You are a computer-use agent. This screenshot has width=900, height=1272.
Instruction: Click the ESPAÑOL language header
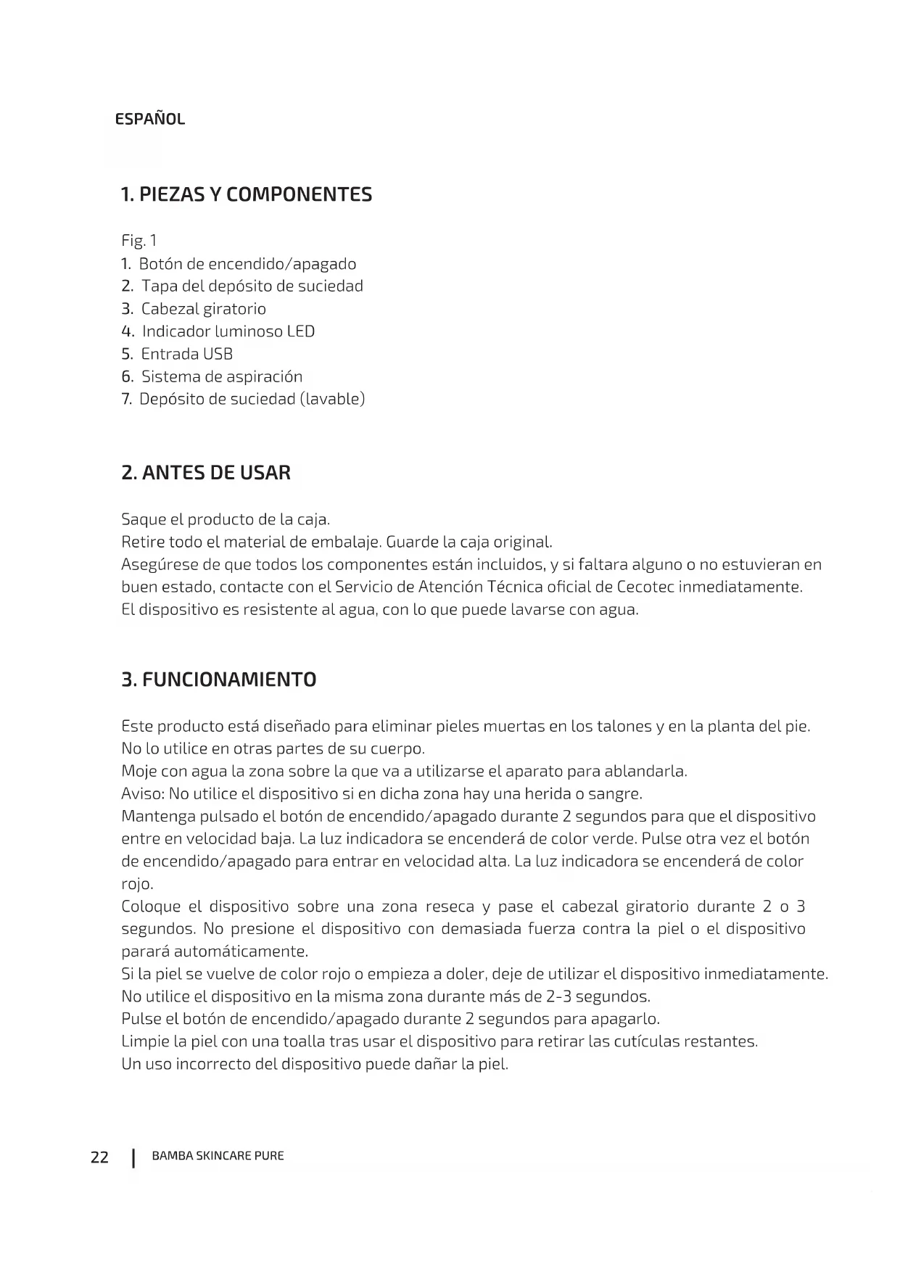150,119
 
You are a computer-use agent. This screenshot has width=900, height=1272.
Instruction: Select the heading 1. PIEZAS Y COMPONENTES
247,194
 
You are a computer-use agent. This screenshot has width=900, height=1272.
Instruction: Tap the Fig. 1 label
139,241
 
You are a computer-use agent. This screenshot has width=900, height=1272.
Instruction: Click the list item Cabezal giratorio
203,309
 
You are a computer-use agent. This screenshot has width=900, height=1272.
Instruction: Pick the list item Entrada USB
186,354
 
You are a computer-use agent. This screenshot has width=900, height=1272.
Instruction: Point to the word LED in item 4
300,331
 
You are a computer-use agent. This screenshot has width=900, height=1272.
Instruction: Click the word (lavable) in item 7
332,399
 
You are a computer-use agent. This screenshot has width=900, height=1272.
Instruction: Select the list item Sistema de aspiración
221,376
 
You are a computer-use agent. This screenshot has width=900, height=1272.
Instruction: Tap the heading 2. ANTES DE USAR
206,473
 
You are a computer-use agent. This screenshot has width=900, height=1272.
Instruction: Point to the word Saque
143,520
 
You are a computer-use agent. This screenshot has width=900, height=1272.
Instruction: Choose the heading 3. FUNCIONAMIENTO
219,680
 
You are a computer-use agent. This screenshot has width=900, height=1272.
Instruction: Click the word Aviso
141,793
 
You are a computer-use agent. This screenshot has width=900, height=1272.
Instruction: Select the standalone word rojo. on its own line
137,884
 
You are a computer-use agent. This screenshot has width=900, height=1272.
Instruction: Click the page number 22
99,1157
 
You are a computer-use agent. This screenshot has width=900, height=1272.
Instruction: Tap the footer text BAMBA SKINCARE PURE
218,1156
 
